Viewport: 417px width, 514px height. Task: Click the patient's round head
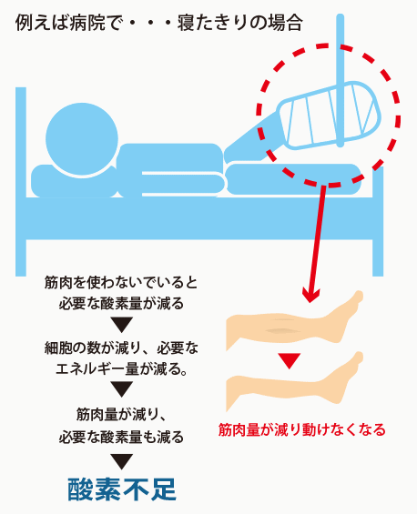point(82,139)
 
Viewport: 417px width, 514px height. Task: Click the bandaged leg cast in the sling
point(329,116)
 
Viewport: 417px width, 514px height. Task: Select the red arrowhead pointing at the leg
point(310,295)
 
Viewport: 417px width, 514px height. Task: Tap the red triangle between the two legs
point(289,361)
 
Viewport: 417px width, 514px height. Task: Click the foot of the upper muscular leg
point(348,315)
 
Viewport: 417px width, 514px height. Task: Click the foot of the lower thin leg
point(348,377)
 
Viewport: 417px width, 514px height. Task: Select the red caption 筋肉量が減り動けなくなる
point(302,429)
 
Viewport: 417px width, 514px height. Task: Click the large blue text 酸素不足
point(122,489)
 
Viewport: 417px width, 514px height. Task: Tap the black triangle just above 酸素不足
point(121,461)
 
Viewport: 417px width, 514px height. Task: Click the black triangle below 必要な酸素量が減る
point(121,325)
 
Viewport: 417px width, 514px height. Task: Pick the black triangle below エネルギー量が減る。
point(121,389)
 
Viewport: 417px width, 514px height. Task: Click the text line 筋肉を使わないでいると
point(121,282)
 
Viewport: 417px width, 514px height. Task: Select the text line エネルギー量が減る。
point(122,369)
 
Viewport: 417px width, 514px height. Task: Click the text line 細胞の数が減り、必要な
point(121,348)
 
